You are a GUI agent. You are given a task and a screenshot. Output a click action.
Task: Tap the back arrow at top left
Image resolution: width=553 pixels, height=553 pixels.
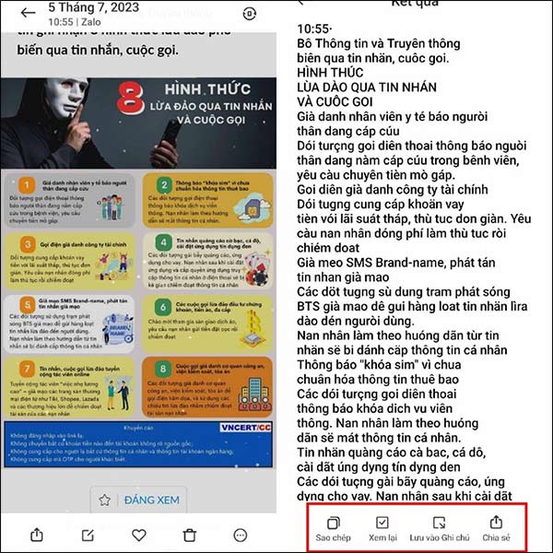point(27,13)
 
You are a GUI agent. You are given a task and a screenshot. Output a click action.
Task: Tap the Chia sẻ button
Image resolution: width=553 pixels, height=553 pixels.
point(496,528)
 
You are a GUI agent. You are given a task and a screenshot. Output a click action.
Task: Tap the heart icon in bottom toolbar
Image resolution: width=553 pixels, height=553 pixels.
point(138,535)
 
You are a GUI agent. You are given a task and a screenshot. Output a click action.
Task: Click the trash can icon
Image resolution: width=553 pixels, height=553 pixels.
point(189,535)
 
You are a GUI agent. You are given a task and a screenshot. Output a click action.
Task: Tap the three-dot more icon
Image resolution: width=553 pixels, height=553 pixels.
point(241,535)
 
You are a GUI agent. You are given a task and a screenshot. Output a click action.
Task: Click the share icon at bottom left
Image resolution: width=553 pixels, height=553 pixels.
point(36,535)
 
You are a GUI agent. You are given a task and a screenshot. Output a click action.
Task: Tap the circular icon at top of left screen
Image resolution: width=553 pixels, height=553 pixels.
point(249,14)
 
